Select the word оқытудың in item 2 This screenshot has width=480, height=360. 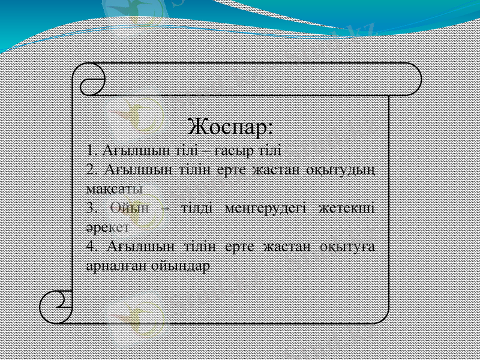(340, 169)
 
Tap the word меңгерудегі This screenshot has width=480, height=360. (266, 208)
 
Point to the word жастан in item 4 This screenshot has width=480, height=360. (278, 247)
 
